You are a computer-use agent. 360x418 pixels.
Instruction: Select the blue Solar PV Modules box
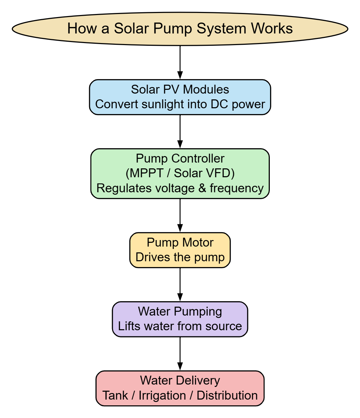(x=180, y=97)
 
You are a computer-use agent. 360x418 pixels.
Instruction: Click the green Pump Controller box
(x=180, y=173)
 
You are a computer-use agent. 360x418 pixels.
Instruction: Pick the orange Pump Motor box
(x=180, y=250)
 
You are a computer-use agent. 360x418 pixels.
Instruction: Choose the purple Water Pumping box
(x=180, y=319)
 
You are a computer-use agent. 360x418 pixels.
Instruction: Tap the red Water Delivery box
(x=180, y=388)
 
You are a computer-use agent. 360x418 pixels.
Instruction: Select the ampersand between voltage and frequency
(x=203, y=188)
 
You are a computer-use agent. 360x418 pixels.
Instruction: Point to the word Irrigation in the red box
(x=162, y=395)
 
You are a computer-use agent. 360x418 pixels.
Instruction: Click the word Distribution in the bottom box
(x=227, y=395)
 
